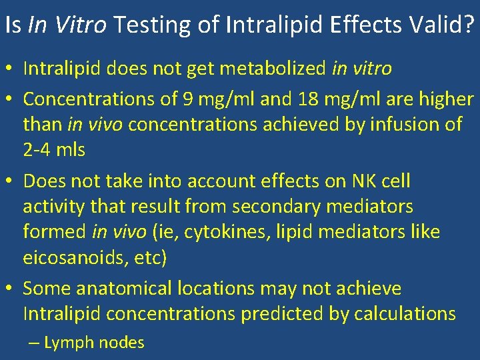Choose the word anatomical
click(125, 289)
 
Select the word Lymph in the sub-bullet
click(69, 343)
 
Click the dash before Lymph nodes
click(34, 343)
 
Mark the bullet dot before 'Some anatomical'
click(11, 289)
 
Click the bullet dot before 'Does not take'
click(11, 181)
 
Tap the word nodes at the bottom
click(121, 343)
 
